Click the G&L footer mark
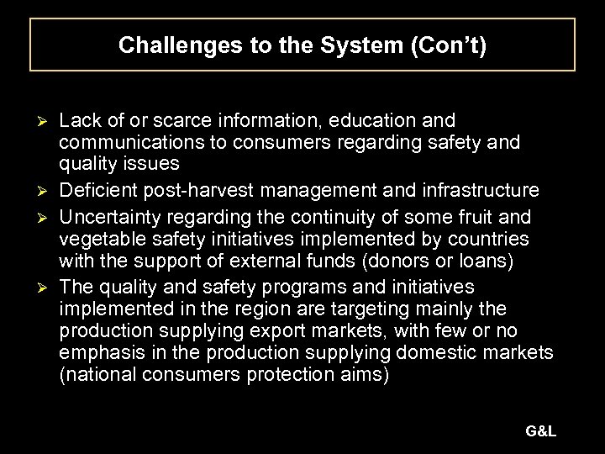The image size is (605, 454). (540, 431)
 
